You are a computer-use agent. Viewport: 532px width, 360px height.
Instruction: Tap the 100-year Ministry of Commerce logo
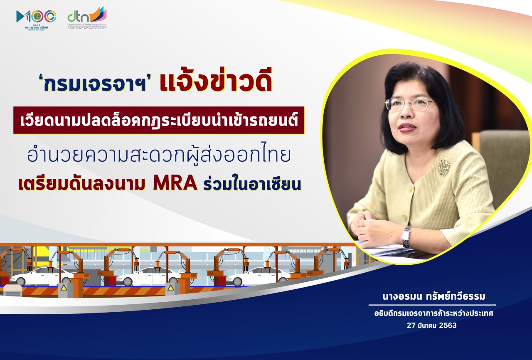pyautogui.click(x=36, y=20)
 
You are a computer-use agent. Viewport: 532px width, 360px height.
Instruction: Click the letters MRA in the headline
pyautogui.click(x=175, y=184)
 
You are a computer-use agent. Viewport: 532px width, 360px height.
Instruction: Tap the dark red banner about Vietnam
pyautogui.click(x=159, y=120)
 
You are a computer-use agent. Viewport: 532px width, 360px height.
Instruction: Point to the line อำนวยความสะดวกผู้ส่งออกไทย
pyautogui.click(x=159, y=154)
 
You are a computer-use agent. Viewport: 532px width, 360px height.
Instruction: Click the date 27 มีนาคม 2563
pyautogui.click(x=431, y=325)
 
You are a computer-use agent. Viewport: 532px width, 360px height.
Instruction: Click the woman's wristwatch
pyautogui.click(x=406, y=236)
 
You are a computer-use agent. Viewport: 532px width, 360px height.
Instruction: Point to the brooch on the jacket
pyautogui.click(x=443, y=168)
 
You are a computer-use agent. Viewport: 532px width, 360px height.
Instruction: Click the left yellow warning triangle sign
pyautogui.click(x=64, y=288)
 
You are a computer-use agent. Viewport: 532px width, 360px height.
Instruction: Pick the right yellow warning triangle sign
pyautogui.click(x=171, y=288)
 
